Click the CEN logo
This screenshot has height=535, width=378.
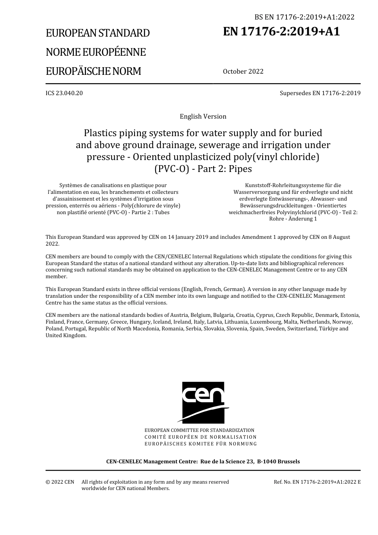click(x=203, y=402)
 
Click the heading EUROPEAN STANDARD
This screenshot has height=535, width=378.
click(x=98, y=33)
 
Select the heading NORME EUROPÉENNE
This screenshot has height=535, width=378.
click(x=96, y=52)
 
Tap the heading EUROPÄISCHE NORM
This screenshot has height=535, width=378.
click(x=94, y=71)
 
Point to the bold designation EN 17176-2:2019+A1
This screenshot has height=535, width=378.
click(x=282, y=31)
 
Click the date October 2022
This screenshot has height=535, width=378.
click(x=243, y=72)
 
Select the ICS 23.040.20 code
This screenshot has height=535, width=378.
click(x=64, y=93)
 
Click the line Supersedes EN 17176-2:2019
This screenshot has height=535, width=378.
click(x=320, y=93)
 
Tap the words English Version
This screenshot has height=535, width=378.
click(x=203, y=117)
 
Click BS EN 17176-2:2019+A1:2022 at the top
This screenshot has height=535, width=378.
click(x=304, y=17)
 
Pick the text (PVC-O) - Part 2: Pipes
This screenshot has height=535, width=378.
click(x=203, y=169)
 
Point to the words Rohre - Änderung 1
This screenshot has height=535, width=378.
click(x=293, y=219)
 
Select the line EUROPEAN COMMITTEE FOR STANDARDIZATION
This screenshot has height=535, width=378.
click(x=199, y=430)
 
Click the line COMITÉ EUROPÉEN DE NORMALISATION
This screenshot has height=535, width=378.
click(x=201, y=437)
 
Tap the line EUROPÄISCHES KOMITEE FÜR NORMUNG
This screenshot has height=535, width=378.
click(x=201, y=444)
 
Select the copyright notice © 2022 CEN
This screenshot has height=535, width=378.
click(x=60, y=482)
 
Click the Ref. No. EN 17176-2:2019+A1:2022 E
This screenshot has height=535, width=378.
click(x=317, y=482)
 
